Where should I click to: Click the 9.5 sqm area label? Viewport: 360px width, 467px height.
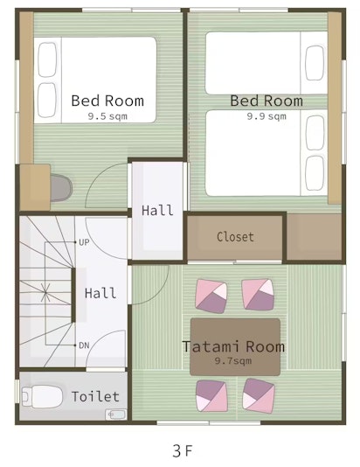tap(107, 116)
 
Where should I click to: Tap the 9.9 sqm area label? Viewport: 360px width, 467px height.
tap(267, 116)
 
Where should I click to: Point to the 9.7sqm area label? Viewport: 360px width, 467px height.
tap(233, 361)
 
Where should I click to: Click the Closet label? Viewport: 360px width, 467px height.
tap(235, 237)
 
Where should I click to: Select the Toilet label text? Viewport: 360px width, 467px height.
tap(95, 396)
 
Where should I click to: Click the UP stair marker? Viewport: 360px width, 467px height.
tap(84, 242)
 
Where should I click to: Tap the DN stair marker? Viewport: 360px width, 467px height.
tap(84, 345)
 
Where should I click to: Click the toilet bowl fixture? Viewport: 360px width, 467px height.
tap(42, 397)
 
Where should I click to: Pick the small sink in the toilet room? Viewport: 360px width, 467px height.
tap(115, 415)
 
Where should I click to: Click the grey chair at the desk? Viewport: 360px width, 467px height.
tap(61, 188)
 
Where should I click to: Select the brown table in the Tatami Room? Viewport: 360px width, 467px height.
tap(235, 347)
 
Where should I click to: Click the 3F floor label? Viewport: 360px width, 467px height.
tap(182, 450)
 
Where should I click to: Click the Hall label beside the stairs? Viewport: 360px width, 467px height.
tap(100, 293)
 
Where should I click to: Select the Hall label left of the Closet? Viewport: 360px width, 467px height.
tap(157, 210)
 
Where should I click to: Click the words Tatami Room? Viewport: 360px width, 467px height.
tap(233, 346)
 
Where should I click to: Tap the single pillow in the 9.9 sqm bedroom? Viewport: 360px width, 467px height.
tap(315, 63)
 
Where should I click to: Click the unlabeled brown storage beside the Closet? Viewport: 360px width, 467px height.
tap(314, 237)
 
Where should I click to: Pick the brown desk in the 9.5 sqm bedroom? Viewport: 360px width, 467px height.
tap(35, 187)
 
